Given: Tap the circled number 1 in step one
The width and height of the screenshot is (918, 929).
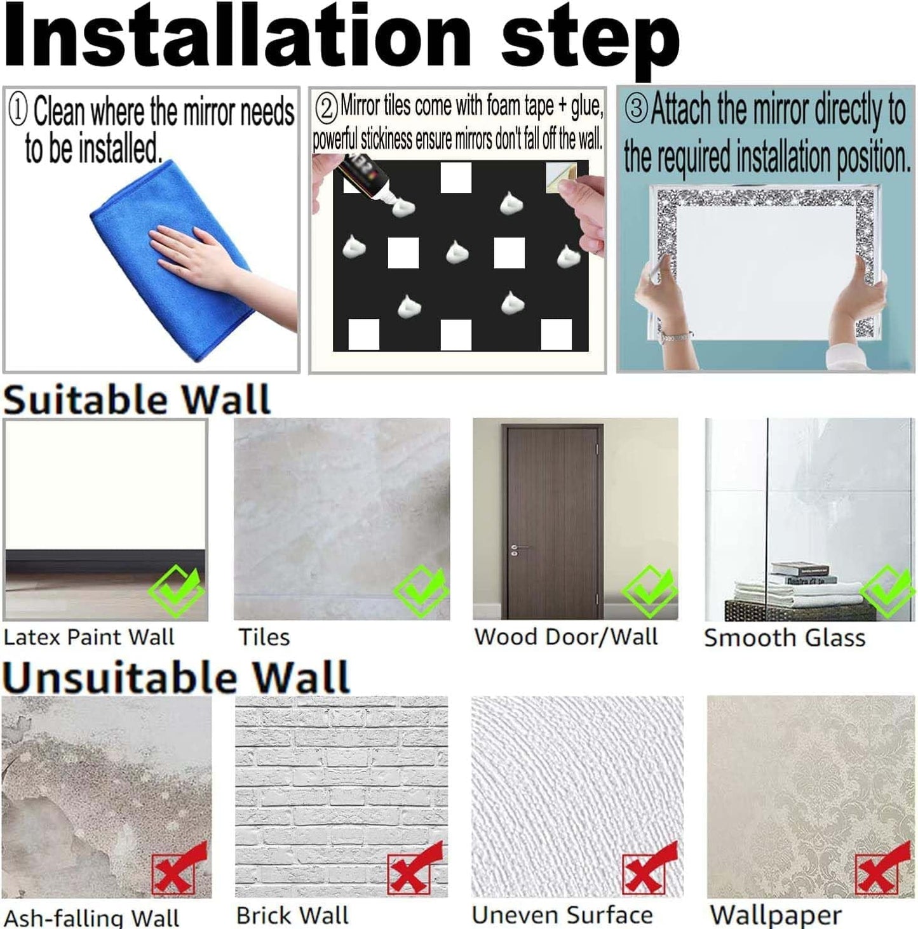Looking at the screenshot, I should pyautogui.click(x=18, y=110).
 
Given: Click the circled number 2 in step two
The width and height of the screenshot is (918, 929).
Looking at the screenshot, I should pyautogui.click(x=326, y=109).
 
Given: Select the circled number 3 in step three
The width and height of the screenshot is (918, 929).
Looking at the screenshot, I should pyautogui.click(x=637, y=109).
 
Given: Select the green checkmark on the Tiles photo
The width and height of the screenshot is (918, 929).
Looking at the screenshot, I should pyautogui.click(x=421, y=591).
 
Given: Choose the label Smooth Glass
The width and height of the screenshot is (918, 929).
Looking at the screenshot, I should pyautogui.click(x=784, y=638).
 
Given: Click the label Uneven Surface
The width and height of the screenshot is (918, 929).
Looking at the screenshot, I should pyautogui.click(x=562, y=915).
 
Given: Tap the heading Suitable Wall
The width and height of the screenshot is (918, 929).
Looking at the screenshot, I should pyautogui.click(x=137, y=400).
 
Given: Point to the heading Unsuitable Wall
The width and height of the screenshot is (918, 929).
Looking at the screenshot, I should pyautogui.click(x=175, y=677).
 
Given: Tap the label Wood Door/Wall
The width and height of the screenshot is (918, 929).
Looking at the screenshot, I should pyautogui.click(x=565, y=637).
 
